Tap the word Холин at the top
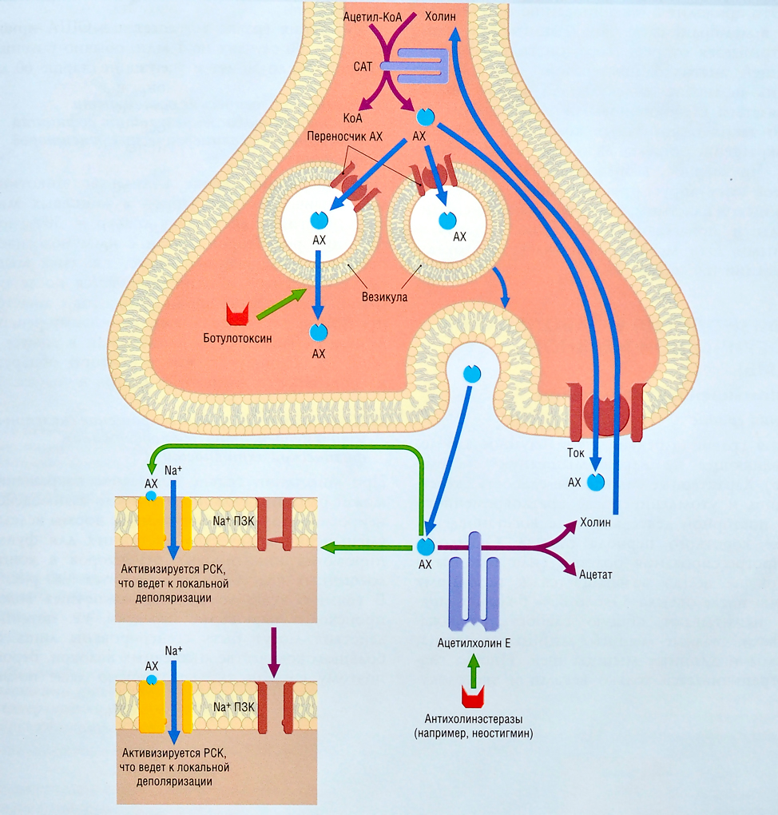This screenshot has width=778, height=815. (x=441, y=16)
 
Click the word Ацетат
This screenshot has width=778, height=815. (x=596, y=574)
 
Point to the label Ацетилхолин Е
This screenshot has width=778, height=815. (x=474, y=642)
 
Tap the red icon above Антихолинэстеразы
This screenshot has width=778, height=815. (x=474, y=698)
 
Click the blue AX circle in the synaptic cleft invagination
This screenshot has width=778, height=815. (x=472, y=374)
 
